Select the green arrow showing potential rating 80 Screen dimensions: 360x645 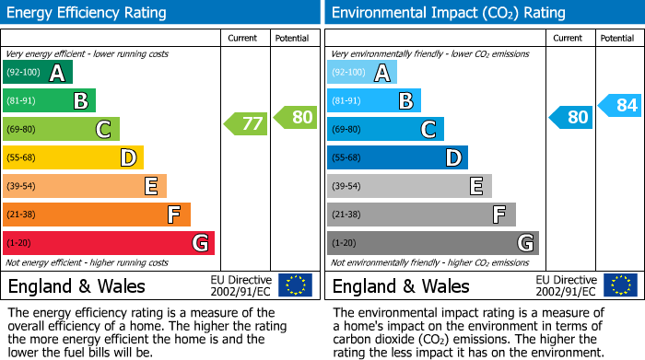(x=296, y=117)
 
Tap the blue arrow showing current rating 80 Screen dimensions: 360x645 (x=571, y=117)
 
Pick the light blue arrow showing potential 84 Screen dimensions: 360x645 (x=620, y=106)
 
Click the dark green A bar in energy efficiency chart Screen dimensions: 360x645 (x=38, y=73)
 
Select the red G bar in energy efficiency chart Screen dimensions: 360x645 (x=109, y=243)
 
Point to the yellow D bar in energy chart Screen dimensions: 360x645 (x=74, y=158)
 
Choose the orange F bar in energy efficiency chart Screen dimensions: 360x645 (x=97, y=215)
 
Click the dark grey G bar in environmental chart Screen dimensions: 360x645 (x=432, y=243)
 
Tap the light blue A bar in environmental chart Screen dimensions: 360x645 (x=362, y=73)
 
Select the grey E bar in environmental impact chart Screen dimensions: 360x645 (x=409, y=186)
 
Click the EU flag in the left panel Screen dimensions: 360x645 (x=295, y=285)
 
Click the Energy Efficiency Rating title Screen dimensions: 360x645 (x=88, y=13)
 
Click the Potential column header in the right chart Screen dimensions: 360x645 (x=616, y=38)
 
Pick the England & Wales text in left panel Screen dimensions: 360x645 (x=73, y=285)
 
